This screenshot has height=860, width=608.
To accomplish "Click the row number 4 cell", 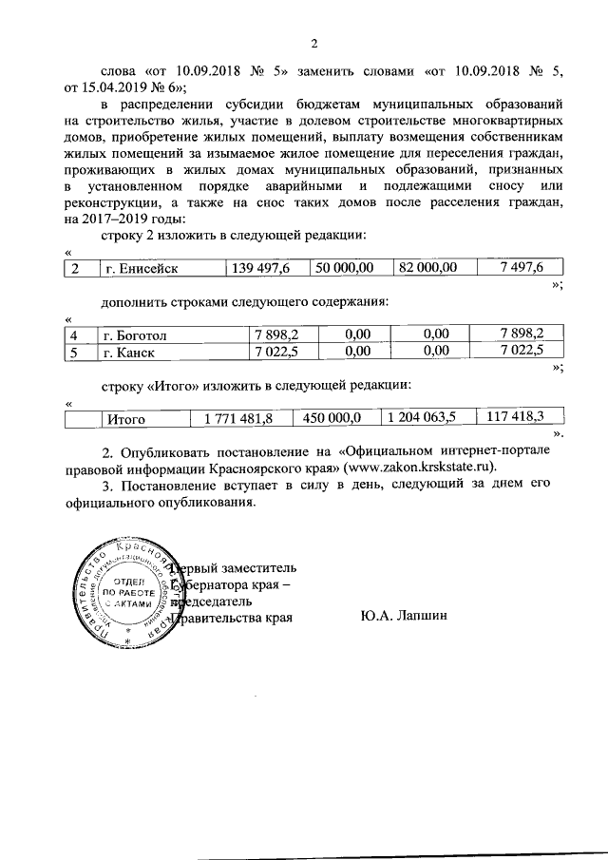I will pos(73,334).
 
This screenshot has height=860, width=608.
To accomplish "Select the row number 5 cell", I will pos(73,351).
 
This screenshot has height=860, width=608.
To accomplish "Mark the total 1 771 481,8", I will pos(232,417).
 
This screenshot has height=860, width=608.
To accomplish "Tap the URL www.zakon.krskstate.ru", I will pos(415,468).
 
